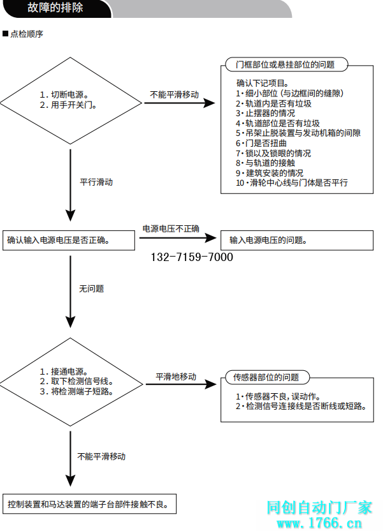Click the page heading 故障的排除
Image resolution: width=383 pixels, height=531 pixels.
pyautogui.click(x=55, y=8)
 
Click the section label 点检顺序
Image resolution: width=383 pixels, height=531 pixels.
pyautogui.click(x=26, y=34)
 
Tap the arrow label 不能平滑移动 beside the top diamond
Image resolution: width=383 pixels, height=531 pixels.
pyautogui.click(x=174, y=94)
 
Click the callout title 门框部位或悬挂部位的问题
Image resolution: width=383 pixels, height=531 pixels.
pyautogui.click(x=285, y=64)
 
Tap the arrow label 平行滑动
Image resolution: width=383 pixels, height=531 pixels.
pyautogui.click(x=96, y=182)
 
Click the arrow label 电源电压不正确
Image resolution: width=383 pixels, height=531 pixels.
pyautogui.click(x=170, y=228)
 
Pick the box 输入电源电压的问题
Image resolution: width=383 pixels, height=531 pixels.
pyautogui.click(x=296, y=241)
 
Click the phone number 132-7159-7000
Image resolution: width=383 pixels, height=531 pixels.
pyautogui.click(x=192, y=257)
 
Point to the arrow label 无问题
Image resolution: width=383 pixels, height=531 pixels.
pyautogui.click(x=91, y=288)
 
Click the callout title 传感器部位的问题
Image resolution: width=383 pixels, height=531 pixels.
pyautogui.click(x=266, y=377)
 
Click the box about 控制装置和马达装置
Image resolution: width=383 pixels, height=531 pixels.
pyautogui.click(x=89, y=504)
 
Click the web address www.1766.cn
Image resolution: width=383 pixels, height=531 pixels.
pyautogui.click(x=318, y=523)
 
